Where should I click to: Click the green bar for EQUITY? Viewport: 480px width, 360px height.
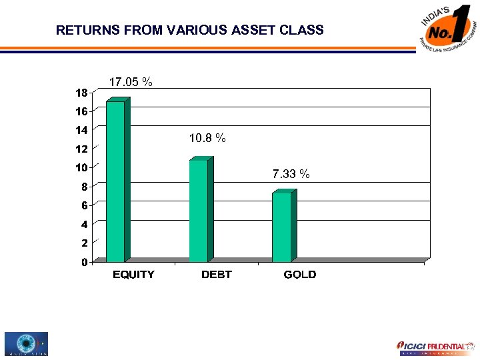click(x=115, y=181)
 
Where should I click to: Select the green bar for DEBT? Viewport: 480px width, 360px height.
click(x=199, y=211)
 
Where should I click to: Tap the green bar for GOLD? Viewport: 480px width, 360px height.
click(x=281, y=227)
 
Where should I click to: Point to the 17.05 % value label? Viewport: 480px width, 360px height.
click(x=131, y=82)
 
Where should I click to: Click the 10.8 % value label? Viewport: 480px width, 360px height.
click(x=207, y=138)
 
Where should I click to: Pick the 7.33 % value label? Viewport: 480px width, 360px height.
click(x=291, y=174)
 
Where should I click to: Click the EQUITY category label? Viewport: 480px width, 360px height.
click(x=133, y=275)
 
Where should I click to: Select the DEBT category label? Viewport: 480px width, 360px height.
click(x=217, y=275)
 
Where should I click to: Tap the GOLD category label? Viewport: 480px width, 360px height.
click(x=300, y=275)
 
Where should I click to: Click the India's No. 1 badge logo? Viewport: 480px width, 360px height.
click(x=449, y=31)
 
